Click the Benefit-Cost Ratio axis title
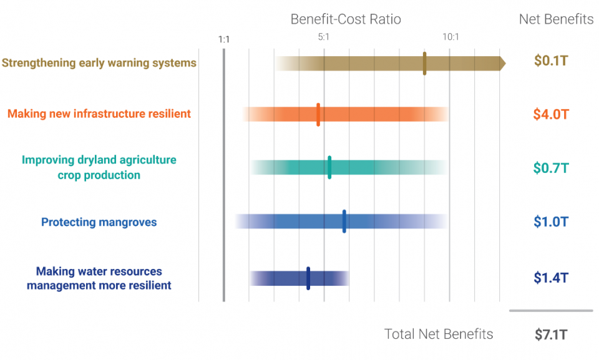(x=346, y=19)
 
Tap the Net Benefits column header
(x=556, y=19)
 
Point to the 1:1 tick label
(x=224, y=39)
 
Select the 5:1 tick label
(x=323, y=37)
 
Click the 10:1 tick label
(x=450, y=37)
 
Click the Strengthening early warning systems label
(x=99, y=63)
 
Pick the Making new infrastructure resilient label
(x=99, y=114)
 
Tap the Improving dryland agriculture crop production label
(x=99, y=167)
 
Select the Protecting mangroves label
(x=99, y=222)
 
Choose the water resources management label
(x=99, y=278)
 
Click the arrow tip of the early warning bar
(x=502, y=63)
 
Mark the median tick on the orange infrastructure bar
(x=318, y=114)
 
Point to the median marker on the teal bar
(x=329, y=167)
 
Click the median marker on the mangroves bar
(x=344, y=221)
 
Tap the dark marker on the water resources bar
(x=308, y=278)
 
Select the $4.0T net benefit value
(x=551, y=114)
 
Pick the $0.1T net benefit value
(x=551, y=61)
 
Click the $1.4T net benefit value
(x=551, y=278)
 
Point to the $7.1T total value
(x=551, y=334)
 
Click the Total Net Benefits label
(x=439, y=334)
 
